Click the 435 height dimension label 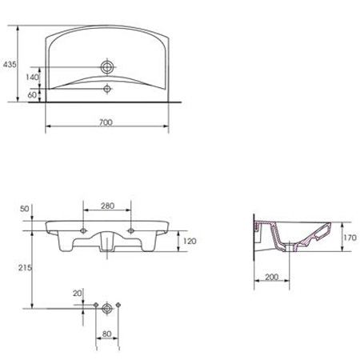point(10,65)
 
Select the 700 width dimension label point(106,122)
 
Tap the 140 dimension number point(33,78)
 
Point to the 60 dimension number point(32,94)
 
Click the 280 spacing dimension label point(107,206)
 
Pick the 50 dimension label point(25,209)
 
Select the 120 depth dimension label point(190,241)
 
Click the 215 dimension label point(25,268)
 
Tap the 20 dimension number point(78,294)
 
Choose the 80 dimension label point(106,334)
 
